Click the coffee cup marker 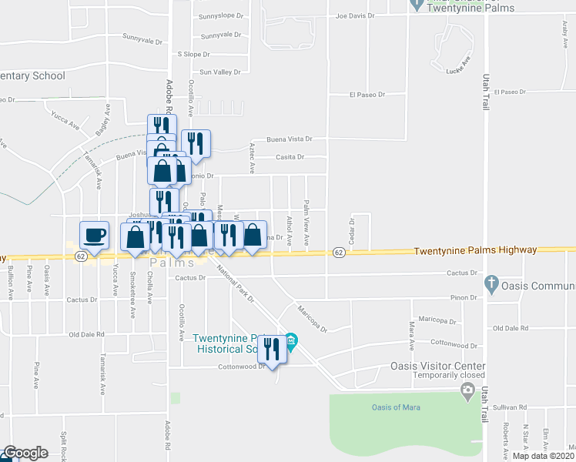(94, 234)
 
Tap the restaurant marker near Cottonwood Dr (271, 350)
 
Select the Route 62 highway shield (338, 252)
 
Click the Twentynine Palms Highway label (485, 251)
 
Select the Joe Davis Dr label (354, 15)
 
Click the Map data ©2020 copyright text (543, 456)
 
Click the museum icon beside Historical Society (290, 339)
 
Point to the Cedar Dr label (351, 230)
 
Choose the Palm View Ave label (306, 224)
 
